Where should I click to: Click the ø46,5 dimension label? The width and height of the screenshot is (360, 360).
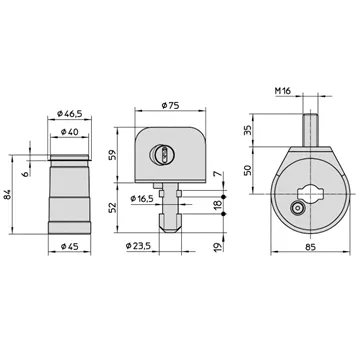point(69,114)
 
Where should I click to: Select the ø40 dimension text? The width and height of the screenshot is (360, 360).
point(70,132)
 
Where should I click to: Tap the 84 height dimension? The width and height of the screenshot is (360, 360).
point(8,195)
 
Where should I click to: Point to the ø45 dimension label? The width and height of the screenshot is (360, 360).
point(70,246)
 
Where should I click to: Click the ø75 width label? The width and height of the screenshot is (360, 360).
point(170,105)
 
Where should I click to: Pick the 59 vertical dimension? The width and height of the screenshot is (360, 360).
point(113,155)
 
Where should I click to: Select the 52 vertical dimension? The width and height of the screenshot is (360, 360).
point(113,207)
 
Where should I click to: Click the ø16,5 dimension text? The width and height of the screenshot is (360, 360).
point(142,199)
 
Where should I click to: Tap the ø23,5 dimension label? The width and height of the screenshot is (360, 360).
point(138,246)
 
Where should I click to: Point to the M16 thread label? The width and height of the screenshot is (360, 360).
point(283,90)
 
